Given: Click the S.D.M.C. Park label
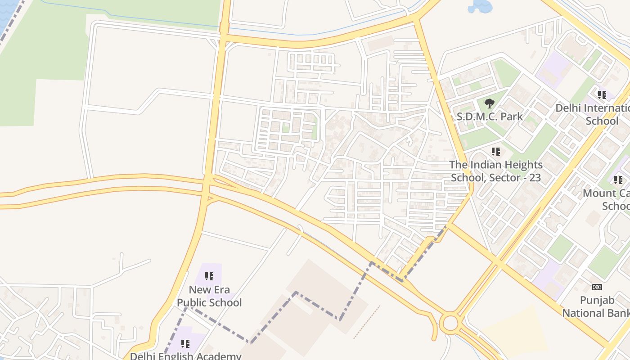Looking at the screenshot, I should coord(490,117).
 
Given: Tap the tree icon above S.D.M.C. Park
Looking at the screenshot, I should coord(490,104).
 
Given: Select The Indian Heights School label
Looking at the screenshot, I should coord(496,171).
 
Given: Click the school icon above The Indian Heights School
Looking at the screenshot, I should coord(496,152).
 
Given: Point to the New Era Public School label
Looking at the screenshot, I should coord(209,296).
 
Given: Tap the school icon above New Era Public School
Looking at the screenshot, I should coord(209,276).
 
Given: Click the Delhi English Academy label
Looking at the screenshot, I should coord(186,356).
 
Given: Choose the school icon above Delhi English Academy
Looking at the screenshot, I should coord(185,344).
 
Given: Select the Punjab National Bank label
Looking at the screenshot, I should coord(596,306).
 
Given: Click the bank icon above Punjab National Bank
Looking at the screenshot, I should coord(597,287).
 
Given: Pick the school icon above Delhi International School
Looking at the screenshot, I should coord(602,95).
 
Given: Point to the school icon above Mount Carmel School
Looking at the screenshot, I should coord(618,180).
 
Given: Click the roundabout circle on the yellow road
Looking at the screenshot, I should coord(450,323).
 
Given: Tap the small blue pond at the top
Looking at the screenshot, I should coord(480,6).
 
